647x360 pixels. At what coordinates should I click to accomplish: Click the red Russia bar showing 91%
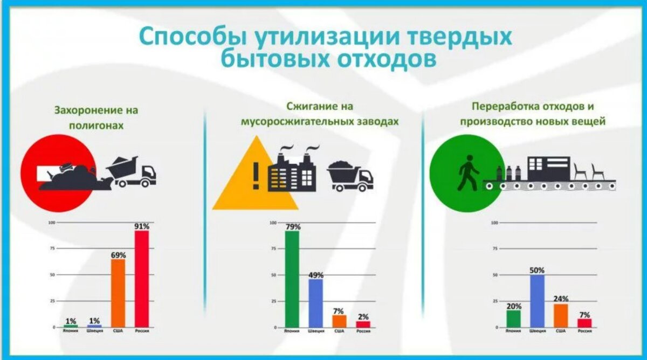[141, 279]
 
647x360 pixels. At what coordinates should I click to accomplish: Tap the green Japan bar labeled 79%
[292, 279]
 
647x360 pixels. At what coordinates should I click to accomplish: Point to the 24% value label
[561, 299]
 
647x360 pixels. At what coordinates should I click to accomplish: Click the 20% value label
[514, 306]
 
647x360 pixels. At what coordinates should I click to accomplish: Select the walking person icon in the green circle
[467, 172]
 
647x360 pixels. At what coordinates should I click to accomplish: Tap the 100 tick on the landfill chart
[52, 223]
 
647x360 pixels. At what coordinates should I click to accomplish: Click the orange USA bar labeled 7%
[339, 321]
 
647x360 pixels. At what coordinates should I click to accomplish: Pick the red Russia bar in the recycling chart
[584, 323]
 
